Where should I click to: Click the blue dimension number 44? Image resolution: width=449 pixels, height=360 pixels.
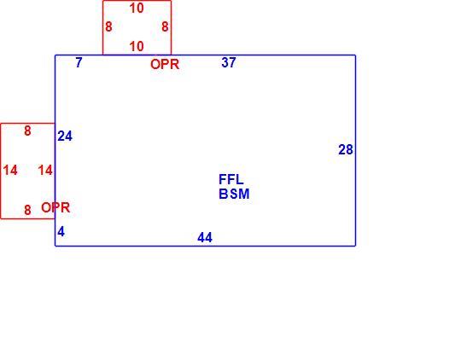(x=205, y=237)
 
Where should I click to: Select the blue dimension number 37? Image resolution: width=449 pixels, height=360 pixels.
(x=229, y=62)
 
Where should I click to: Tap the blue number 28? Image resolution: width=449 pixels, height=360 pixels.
(x=346, y=149)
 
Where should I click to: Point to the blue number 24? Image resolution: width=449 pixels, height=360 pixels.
(x=65, y=136)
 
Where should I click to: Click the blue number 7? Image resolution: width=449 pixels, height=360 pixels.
(x=79, y=62)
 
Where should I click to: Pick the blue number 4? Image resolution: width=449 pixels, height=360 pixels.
(x=61, y=231)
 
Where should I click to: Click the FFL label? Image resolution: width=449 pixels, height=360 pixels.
(x=231, y=180)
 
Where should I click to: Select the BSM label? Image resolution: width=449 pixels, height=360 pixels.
(x=234, y=194)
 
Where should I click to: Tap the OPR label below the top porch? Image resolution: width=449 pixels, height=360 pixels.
(x=165, y=64)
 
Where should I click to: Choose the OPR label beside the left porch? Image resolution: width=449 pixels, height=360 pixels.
(x=55, y=207)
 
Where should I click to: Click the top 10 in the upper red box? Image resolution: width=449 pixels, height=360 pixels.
(x=137, y=9)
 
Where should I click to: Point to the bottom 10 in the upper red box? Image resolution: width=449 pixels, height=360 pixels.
(x=137, y=46)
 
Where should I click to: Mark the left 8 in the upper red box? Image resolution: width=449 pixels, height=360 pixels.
(x=108, y=27)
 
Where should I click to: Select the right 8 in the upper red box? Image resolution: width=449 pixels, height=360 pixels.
(x=165, y=27)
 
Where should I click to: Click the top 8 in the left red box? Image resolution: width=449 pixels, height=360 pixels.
(x=27, y=131)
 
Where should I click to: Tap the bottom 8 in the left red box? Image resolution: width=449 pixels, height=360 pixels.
(x=27, y=210)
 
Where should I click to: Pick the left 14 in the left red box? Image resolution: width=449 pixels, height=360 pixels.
(x=10, y=171)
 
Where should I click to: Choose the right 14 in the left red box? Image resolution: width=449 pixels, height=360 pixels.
(x=45, y=171)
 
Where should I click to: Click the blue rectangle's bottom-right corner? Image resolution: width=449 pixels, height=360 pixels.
(x=355, y=246)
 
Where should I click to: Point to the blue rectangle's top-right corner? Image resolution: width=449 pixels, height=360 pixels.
(x=355, y=55)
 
